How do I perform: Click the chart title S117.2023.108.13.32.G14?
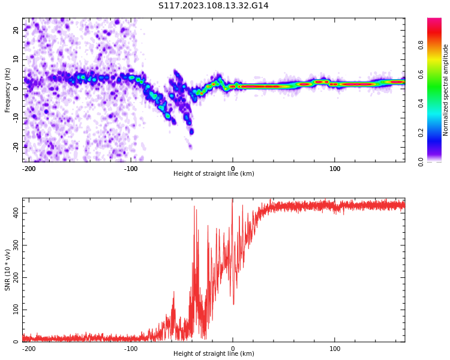[x=214, y=6]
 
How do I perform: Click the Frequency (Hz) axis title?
[x=8, y=90]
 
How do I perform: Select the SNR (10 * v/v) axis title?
[x=8, y=270]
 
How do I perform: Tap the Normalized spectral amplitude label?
[x=446, y=90]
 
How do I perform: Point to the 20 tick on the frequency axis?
[x=16, y=30]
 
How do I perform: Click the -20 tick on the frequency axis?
[x=15, y=146]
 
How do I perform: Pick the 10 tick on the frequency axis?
[x=16, y=59]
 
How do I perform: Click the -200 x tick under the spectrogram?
[x=29, y=169]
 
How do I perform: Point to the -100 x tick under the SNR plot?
[x=131, y=349]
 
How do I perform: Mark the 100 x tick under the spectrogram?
[x=335, y=169]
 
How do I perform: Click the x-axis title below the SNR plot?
[x=214, y=354]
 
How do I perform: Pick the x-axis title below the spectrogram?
[x=214, y=174]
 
